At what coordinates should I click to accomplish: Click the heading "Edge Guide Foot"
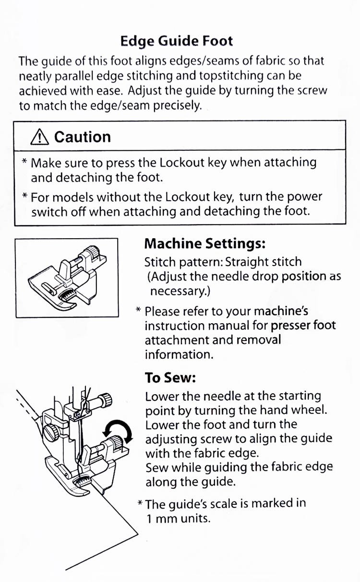pyautogui.click(x=177, y=41)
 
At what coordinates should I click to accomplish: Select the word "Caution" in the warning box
pyautogui.click(x=83, y=137)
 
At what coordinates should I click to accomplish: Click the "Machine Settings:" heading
pyautogui.click(x=205, y=243)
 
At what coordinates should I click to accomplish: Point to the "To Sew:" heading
pyautogui.click(x=170, y=378)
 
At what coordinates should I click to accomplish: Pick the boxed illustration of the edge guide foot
pyautogui.click(x=67, y=278)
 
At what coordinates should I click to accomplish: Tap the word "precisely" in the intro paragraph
pyautogui.click(x=176, y=106)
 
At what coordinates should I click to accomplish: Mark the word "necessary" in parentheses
pyautogui.click(x=173, y=291)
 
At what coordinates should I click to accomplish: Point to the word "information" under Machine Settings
pyautogui.click(x=178, y=354)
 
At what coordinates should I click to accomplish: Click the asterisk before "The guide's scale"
pyautogui.click(x=140, y=505)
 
